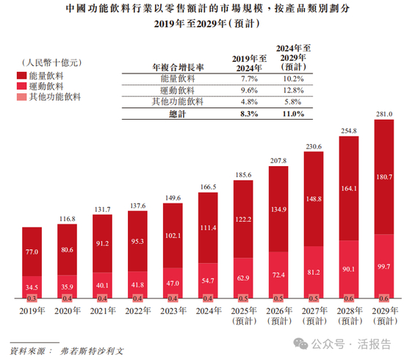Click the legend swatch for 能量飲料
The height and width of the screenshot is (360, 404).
click(x=20, y=75)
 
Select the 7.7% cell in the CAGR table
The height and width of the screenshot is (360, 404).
click(x=247, y=77)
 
